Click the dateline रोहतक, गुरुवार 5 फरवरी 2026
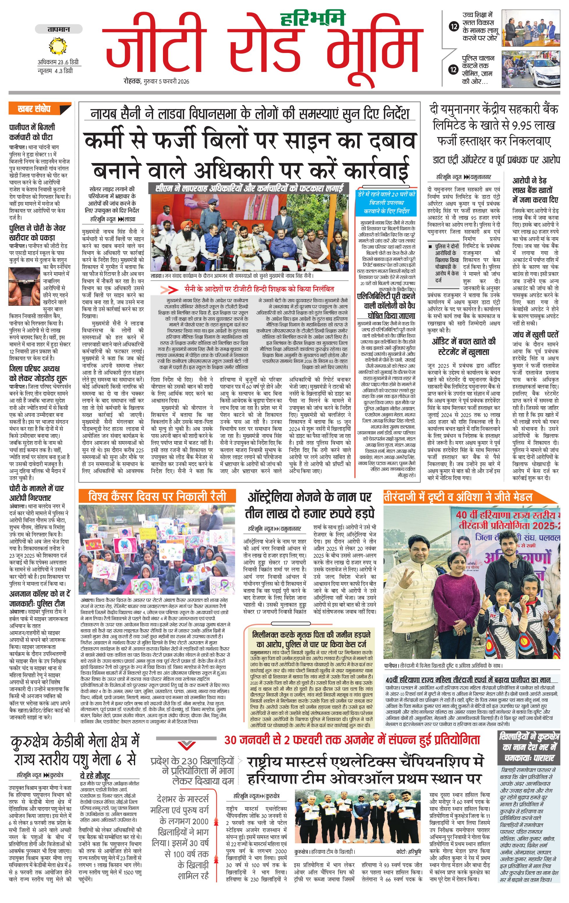coord(156,81)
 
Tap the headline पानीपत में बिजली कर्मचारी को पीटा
coord(32,132)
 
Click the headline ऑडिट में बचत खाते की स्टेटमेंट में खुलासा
coord(464,347)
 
